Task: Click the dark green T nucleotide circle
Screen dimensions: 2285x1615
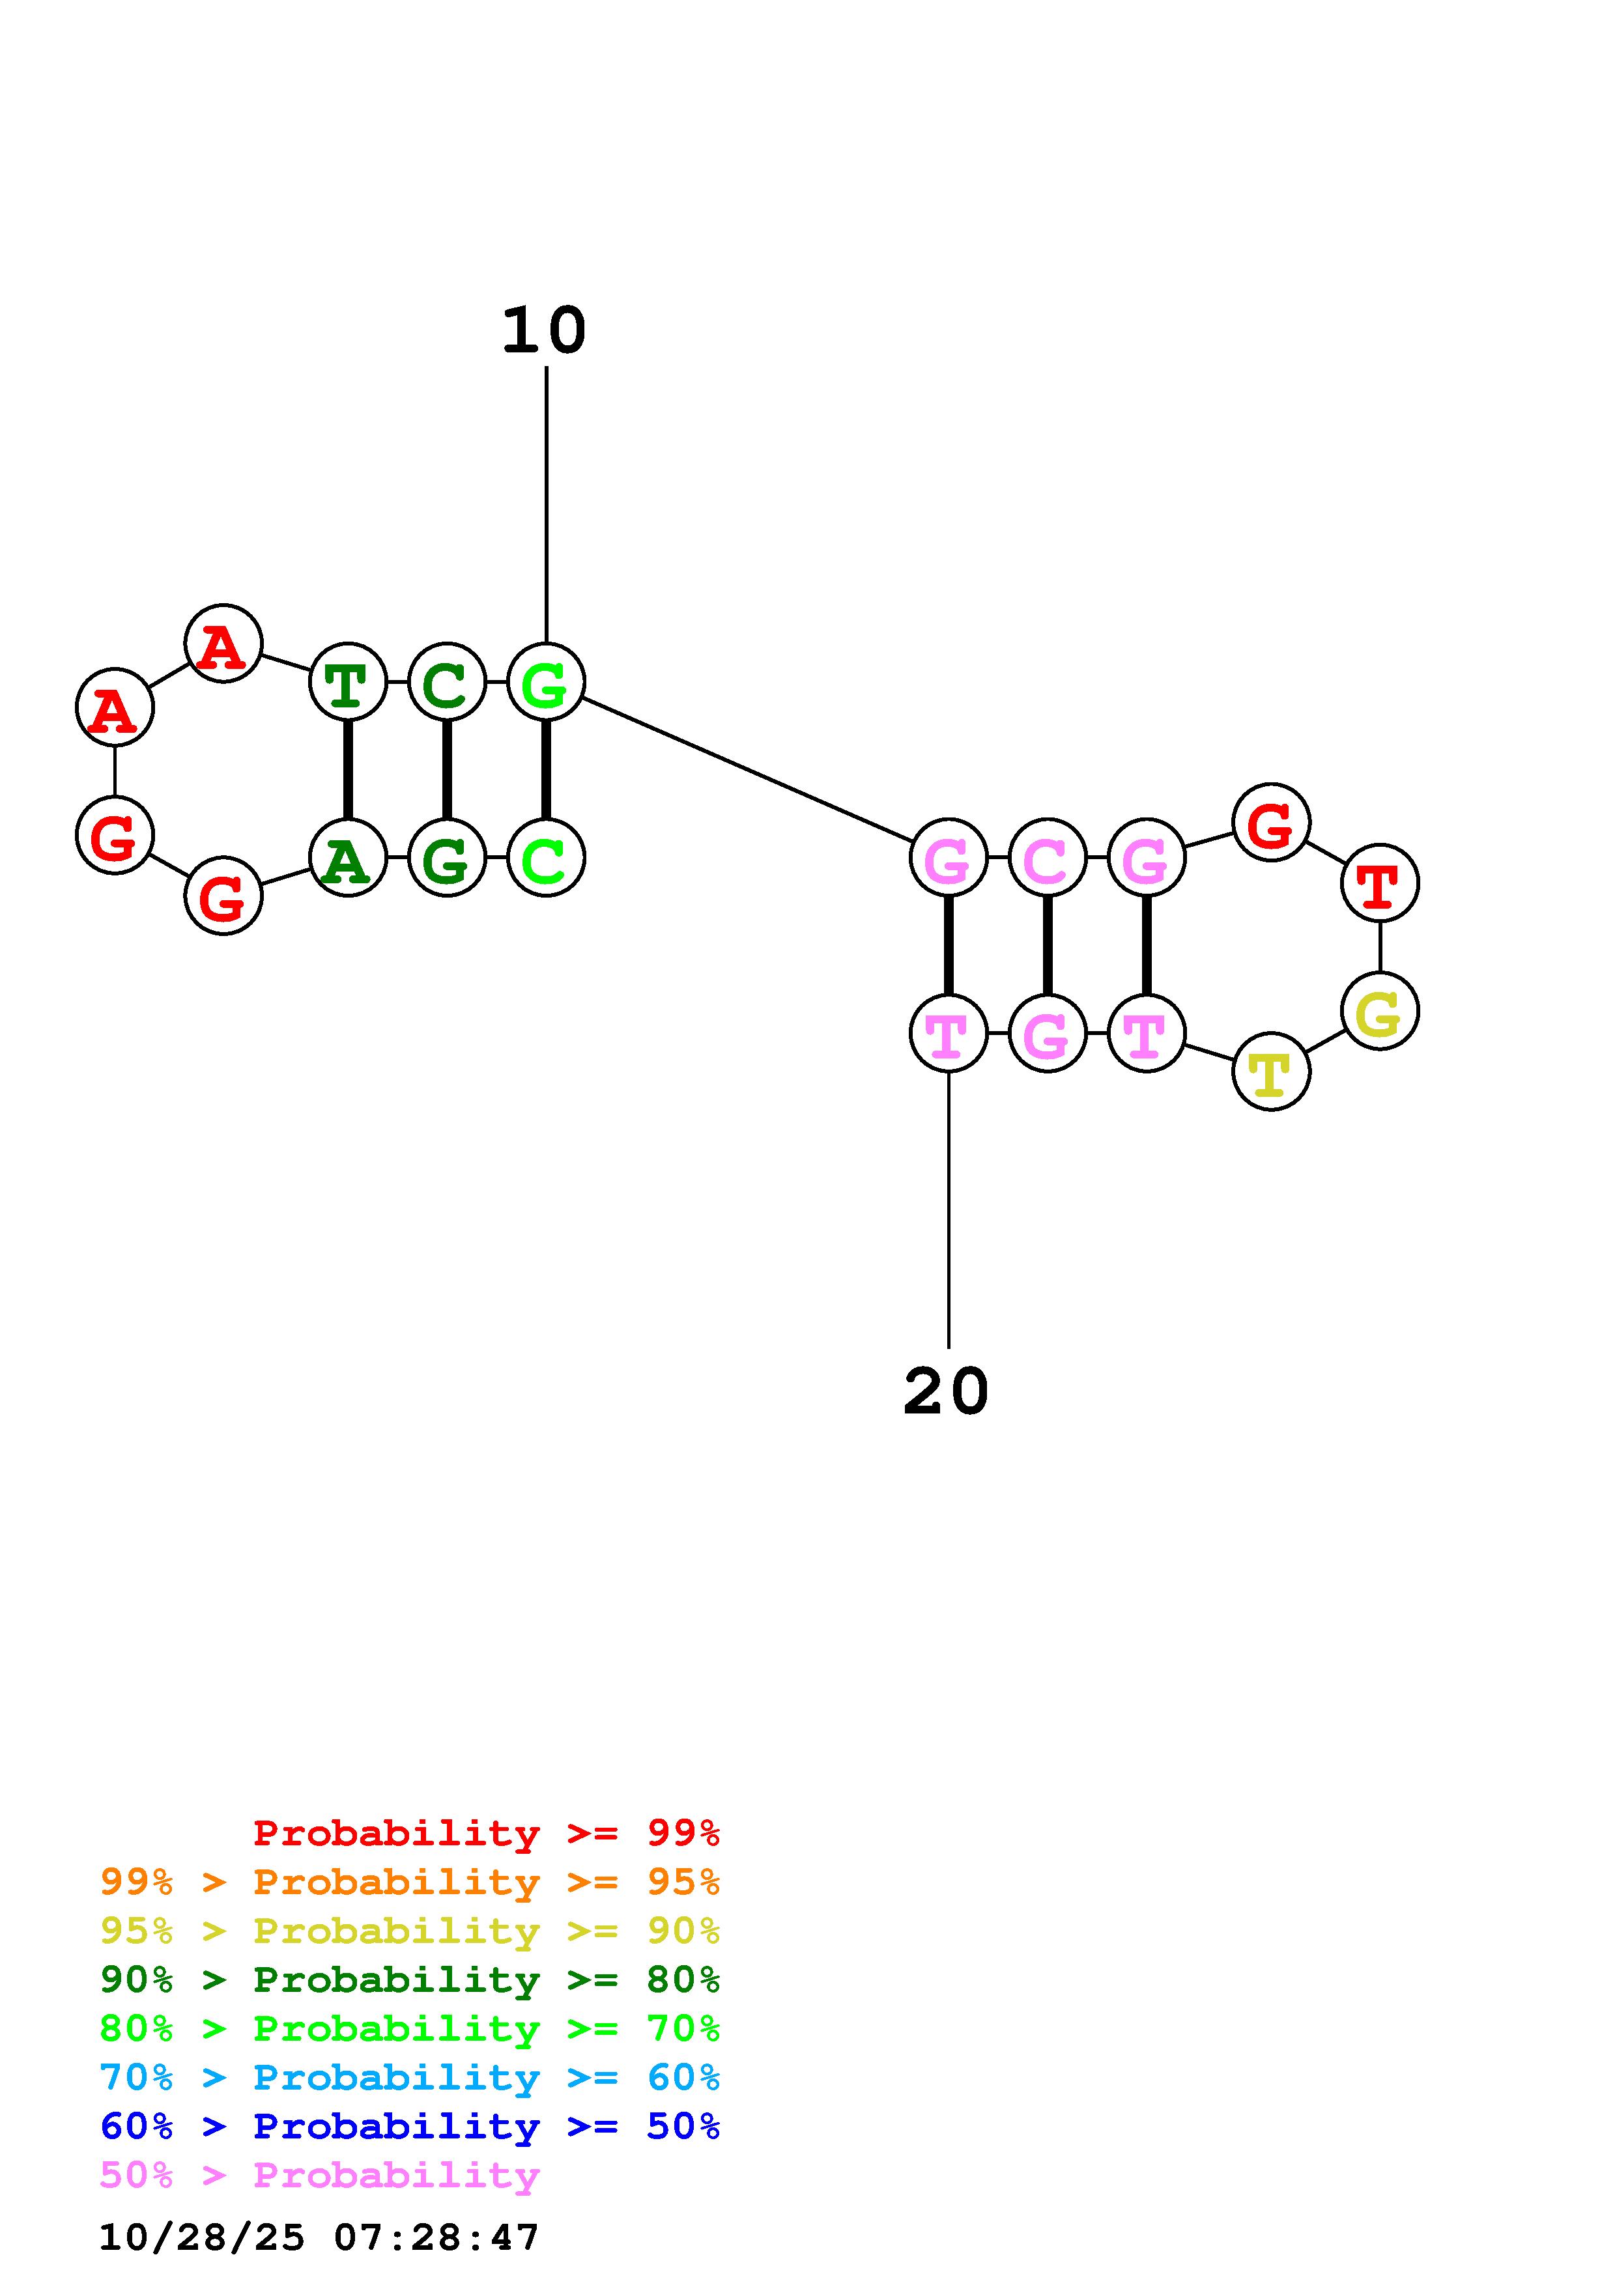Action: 347,683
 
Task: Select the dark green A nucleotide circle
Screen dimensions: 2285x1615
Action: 347,858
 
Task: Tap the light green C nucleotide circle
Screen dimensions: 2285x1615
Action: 545,858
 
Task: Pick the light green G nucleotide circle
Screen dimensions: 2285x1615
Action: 545,683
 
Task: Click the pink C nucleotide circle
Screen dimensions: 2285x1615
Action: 1047,858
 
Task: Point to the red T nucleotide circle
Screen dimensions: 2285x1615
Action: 1379,883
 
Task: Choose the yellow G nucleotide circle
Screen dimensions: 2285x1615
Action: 1379,1011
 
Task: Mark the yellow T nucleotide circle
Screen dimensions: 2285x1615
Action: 1271,1072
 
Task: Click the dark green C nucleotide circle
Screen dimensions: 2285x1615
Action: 447,683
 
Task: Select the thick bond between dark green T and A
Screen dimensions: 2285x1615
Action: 347,771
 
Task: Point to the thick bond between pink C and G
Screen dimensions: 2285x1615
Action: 1047,945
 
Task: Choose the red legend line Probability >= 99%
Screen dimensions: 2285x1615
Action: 485,1833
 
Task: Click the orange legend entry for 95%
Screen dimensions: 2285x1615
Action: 410,1882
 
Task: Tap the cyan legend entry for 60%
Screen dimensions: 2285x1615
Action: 410,2078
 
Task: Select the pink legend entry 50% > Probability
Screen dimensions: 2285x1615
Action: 319,2176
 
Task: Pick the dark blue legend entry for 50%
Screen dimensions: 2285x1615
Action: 410,2127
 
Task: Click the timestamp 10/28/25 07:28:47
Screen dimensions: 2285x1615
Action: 319,2237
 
